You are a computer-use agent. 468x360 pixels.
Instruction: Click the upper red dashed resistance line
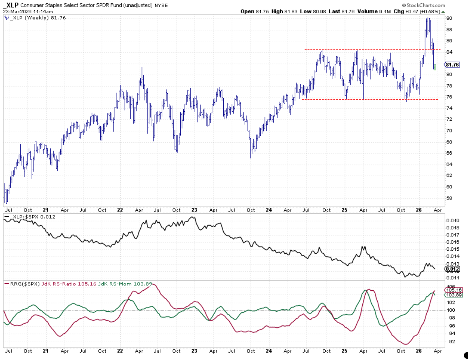coord(371,50)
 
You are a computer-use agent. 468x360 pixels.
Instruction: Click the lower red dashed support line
coord(371,99)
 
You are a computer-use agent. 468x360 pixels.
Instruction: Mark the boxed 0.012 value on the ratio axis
coord(452,269)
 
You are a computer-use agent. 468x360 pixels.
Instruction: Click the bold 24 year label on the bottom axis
coord(269,351)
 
